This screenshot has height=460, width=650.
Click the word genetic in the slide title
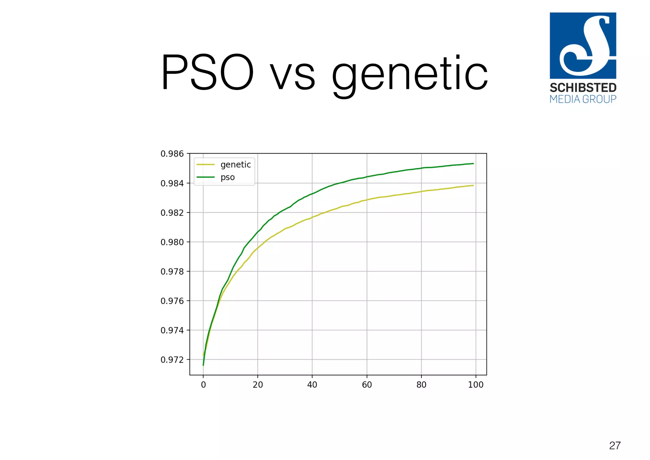[x=409, y=75]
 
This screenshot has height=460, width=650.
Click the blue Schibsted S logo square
[x=583, y=45]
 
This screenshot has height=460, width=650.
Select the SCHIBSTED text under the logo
[x=583, y=88]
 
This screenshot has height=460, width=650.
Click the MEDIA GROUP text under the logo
[x=583, y=99]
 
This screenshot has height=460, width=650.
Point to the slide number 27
[x=615, y=446]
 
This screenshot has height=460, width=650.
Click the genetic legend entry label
[x=235, y=165]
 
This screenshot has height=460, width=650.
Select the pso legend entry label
[x=228, y=177]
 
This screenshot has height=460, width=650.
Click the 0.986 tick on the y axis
[x=172, y=154]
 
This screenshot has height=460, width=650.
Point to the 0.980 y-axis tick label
[x=172, y=242]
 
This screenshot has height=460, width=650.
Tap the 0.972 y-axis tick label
[x=172, y=360]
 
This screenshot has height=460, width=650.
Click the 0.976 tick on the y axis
[x=172, y=301]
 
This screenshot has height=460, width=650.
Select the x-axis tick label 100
[x=475, y=385]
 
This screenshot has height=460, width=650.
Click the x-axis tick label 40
[x=312, y=385]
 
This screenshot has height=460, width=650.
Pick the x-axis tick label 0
[x=203, y=385]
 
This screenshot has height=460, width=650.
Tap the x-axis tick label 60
[x=367, y=385]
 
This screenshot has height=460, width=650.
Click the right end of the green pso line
[x=473, y=164]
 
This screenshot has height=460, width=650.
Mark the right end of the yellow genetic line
[x=473, y=186]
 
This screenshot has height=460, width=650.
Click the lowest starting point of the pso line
[x=203, y=365]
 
